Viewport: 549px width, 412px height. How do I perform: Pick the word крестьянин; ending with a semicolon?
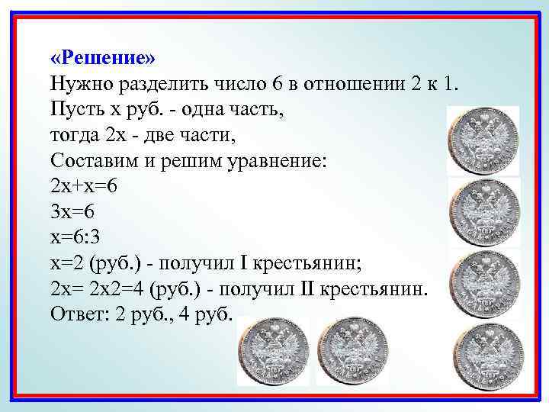coord(308,265)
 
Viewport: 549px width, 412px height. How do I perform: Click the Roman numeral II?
coord(303,291)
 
